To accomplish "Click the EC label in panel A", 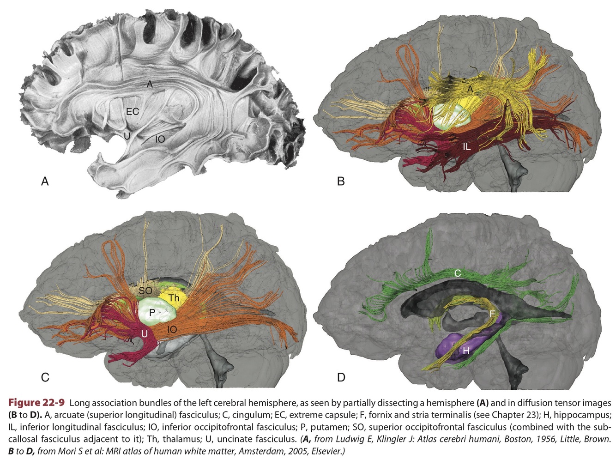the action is (133, 111).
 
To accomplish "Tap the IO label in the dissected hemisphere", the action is (160, 139).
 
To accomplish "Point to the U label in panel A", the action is (127, 136).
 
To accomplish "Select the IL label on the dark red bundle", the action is (467, 147).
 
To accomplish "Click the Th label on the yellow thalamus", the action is (174, 298).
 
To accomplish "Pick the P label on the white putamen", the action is (152, 313).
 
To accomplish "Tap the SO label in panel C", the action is (145, 291).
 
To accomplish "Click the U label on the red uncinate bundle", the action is (145, 333).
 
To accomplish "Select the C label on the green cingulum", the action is (457, 273).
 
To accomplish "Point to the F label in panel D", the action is (492, 314).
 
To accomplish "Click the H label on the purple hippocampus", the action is (466, 351).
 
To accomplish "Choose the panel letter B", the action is (341, 182).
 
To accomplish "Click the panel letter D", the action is (341, 377).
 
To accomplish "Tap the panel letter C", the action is (45, 377).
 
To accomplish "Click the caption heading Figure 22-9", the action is (36, 402).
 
